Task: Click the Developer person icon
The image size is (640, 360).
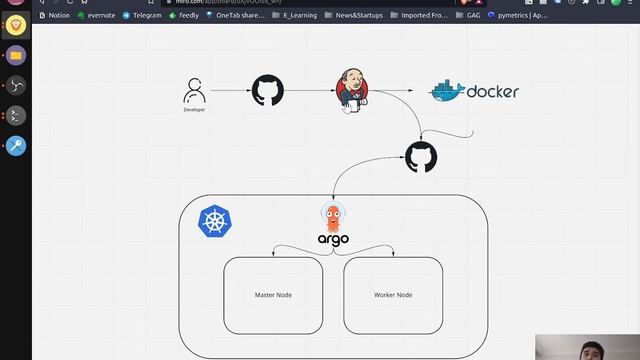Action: tap(194, 92)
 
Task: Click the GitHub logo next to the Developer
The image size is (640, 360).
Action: tap(267, 91)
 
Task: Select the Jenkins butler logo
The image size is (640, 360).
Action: tap(351, 92)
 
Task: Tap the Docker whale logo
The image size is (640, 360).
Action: tap(447, 91)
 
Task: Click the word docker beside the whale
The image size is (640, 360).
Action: tap(492, 91)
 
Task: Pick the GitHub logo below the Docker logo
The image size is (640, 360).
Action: tap(420, 157)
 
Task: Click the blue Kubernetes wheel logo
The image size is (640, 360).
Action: tap(215, 222)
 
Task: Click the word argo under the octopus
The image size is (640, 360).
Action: tap(333, 239)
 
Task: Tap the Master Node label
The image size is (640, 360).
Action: tap(273, 295)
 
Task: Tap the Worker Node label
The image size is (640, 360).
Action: tap(393, 295)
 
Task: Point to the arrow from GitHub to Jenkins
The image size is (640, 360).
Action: tap(310, 91)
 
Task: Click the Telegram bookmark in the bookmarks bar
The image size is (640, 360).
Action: tap(141, 15)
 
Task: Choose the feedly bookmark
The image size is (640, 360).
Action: tap(188, 15)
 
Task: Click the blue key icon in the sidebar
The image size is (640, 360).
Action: tap(16, 146)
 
